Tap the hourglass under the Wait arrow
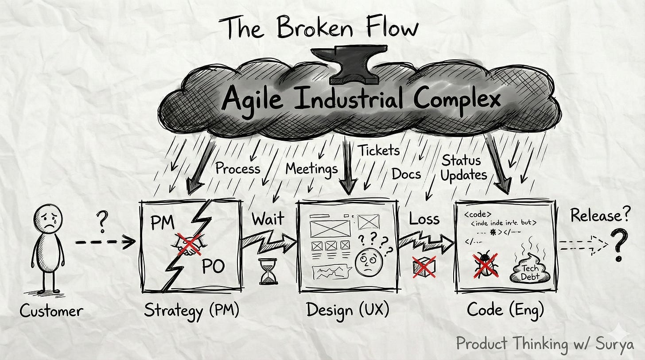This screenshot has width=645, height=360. (268, 271)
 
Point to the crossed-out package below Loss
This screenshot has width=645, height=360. (424, 267)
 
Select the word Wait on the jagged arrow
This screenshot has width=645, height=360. (268, 219)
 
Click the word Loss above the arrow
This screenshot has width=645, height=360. (424, 218)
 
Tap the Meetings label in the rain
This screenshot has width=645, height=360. (311, 168)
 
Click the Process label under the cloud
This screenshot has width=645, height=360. (237, 168)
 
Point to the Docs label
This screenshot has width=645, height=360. (406, 174)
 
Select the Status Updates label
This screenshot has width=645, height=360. (463, 167)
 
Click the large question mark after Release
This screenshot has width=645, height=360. (620, 245)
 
